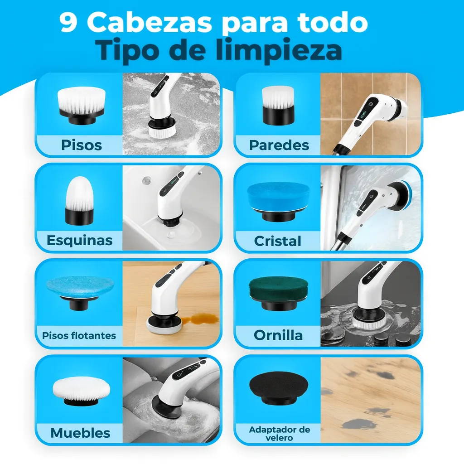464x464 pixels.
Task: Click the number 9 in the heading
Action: coord(69,23)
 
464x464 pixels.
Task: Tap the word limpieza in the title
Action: coord(279,50)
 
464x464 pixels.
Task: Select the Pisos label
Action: coord(82,145)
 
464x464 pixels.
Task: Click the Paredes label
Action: coord(279,145)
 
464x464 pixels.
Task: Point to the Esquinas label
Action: coord(80,240)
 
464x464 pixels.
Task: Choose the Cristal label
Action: coord(278,241)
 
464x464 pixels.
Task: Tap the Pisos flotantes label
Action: coord(79,336)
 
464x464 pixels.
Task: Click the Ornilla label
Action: coord(278,336)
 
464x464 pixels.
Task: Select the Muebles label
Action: coord(80,433)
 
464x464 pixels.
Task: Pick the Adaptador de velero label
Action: coord(279,434)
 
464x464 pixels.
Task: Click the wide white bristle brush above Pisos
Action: coord(82,105)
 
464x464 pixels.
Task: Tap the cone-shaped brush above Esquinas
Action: coord(80,200)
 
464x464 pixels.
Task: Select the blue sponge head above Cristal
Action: coord(278,202)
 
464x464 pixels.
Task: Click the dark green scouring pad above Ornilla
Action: coord(279,294)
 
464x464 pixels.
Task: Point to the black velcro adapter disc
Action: coord(279,388)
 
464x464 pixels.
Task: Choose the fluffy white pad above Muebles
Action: coord(82,391)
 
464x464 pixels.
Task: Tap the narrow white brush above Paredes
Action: coord(278,105)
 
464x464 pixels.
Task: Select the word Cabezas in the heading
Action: coord(150,23)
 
